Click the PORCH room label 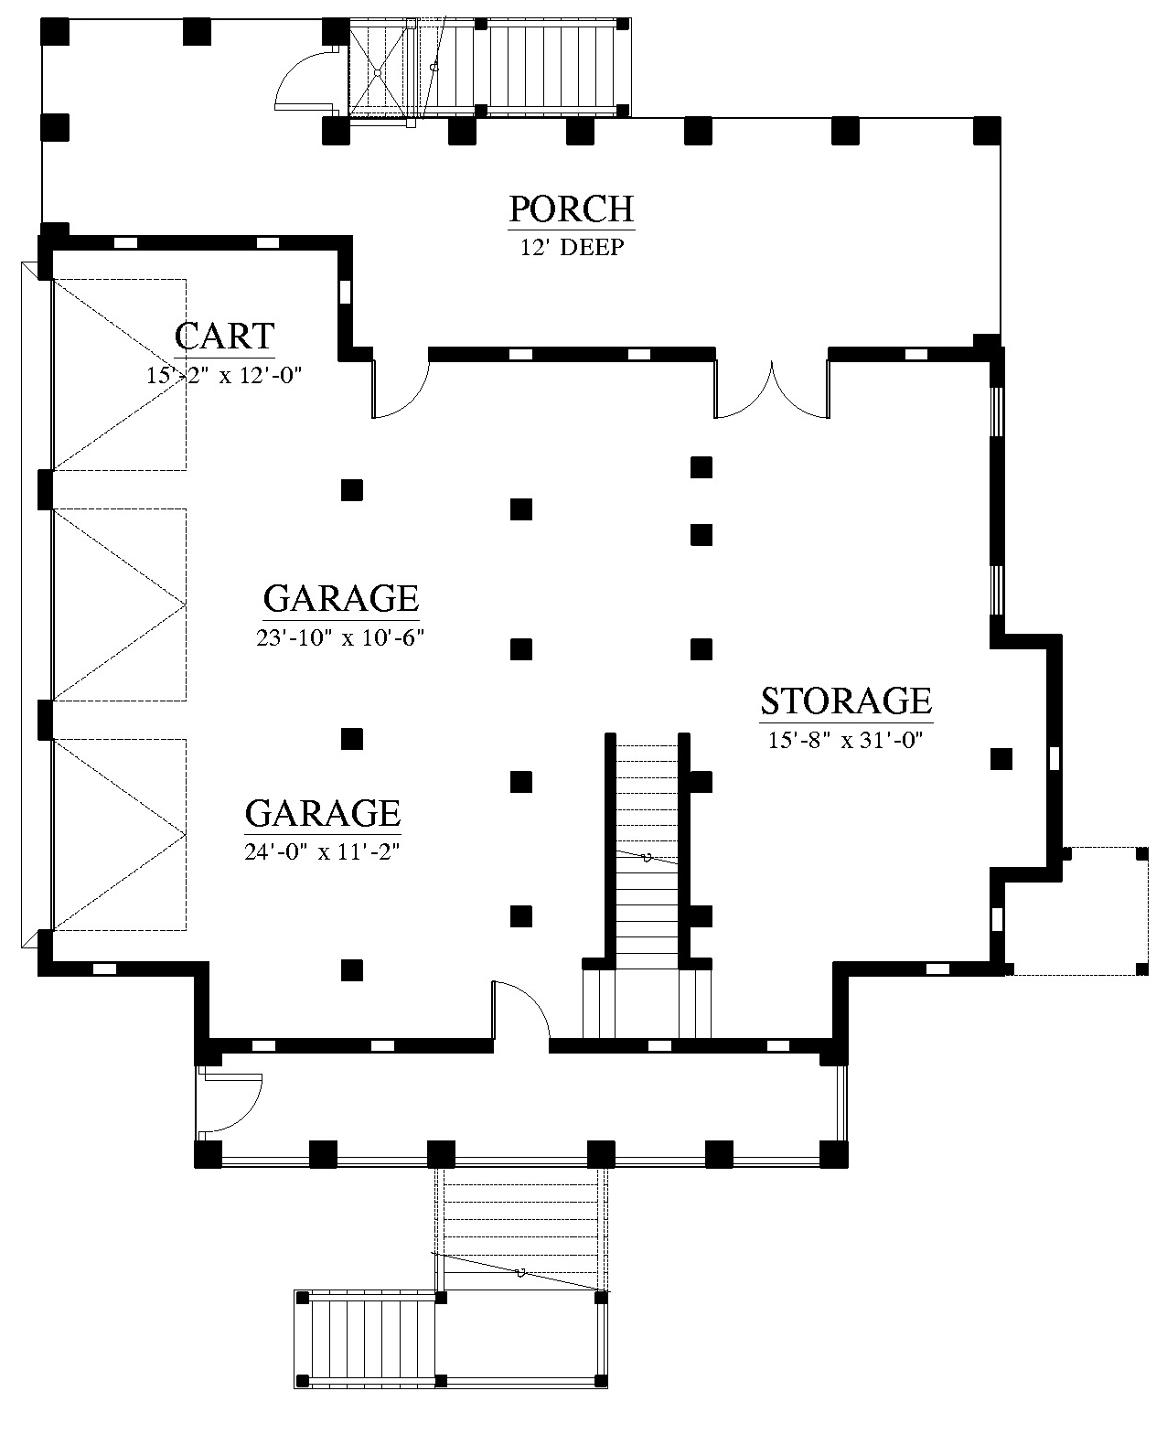572,209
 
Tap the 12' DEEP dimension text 572,248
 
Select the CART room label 224,336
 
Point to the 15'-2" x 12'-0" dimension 224,375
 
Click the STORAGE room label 846,701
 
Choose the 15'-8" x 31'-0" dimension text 846,740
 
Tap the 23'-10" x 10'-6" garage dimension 340,637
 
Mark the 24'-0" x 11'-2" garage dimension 322,851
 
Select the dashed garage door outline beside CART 119,374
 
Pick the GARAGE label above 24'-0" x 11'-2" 322,813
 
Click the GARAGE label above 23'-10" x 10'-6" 340,598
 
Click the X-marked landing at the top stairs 378,70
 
